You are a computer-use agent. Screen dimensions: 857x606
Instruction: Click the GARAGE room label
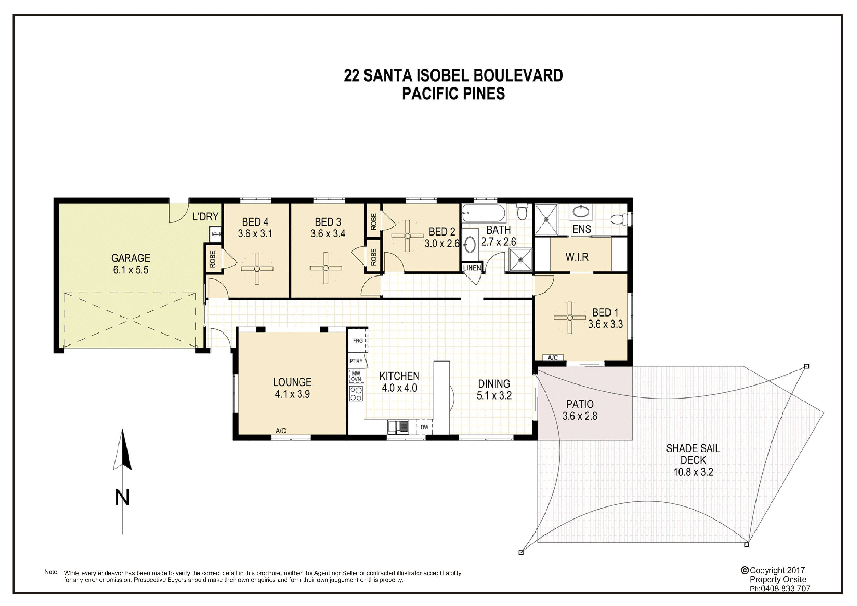point(131,258)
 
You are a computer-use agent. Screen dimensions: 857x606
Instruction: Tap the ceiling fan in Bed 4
point(257,268)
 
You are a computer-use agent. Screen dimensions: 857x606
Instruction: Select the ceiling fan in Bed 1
point(569,318)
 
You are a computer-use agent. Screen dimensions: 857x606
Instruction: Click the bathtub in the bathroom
point(483,214)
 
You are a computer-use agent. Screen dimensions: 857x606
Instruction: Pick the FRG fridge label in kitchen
point(358,341)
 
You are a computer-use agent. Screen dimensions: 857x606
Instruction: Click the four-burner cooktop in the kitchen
point(356,394)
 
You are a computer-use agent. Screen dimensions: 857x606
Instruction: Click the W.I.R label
point(577,257)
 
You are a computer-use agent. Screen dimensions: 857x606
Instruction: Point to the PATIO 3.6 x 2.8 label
point(579,410)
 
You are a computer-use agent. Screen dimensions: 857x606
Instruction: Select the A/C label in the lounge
point(281,431)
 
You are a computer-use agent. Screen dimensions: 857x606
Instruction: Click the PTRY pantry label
point(356,361)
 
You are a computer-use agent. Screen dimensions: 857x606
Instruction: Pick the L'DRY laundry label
point(205,216)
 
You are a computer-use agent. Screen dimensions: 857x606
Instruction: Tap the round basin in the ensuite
point(581,212)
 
